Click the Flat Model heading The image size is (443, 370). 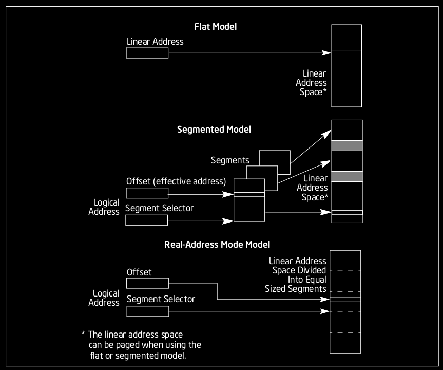click(x=215, y=27)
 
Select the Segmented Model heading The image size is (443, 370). click(x=214, y=129)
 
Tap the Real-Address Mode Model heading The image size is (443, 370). click(x=217, y=245)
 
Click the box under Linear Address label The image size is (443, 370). click(x=147, y=53)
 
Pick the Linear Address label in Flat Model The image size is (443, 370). click(x=155, y=41)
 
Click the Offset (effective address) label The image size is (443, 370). click(x=176, y=181)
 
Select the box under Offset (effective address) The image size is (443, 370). click(x=147, y=193)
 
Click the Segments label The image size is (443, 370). click(x=230, y=160)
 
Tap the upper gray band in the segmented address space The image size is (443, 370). click(x=347, y=145)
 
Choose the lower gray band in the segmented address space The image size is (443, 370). click(x=347, y=176)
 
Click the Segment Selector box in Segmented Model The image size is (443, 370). click(x=146, y=220)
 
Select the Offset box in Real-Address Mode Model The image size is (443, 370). click(x=147, y=284)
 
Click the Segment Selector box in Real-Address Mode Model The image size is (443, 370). click(x=147, y=311)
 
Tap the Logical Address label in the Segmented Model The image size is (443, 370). click(x=106, y=207)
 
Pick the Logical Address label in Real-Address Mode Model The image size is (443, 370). click(x=106, y=298)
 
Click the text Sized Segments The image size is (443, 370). click(x=295, y=289)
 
